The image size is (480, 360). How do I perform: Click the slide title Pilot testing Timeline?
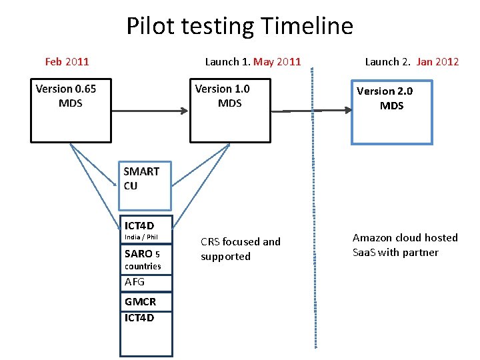(239, 27)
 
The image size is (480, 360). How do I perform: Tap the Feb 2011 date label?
(67, 62)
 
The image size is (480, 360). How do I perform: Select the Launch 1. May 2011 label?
(253, 62)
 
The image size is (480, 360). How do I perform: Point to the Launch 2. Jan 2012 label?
(411, 62)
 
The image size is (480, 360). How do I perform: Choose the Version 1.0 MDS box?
(229, 111)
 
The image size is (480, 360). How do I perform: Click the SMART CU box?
(145, 184)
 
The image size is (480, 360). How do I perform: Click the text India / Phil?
(141, 237)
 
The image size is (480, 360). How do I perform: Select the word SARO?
(138, 253)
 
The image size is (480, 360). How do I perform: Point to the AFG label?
(135, 281)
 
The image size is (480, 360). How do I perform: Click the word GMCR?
(140, 302)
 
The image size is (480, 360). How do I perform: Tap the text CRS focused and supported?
(240, 249)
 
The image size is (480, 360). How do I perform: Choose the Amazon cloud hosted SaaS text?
(405, 245)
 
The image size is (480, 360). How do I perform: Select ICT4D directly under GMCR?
(139, 317)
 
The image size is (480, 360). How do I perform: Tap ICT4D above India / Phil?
(139, 226)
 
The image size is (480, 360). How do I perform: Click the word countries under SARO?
(143, 266)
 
